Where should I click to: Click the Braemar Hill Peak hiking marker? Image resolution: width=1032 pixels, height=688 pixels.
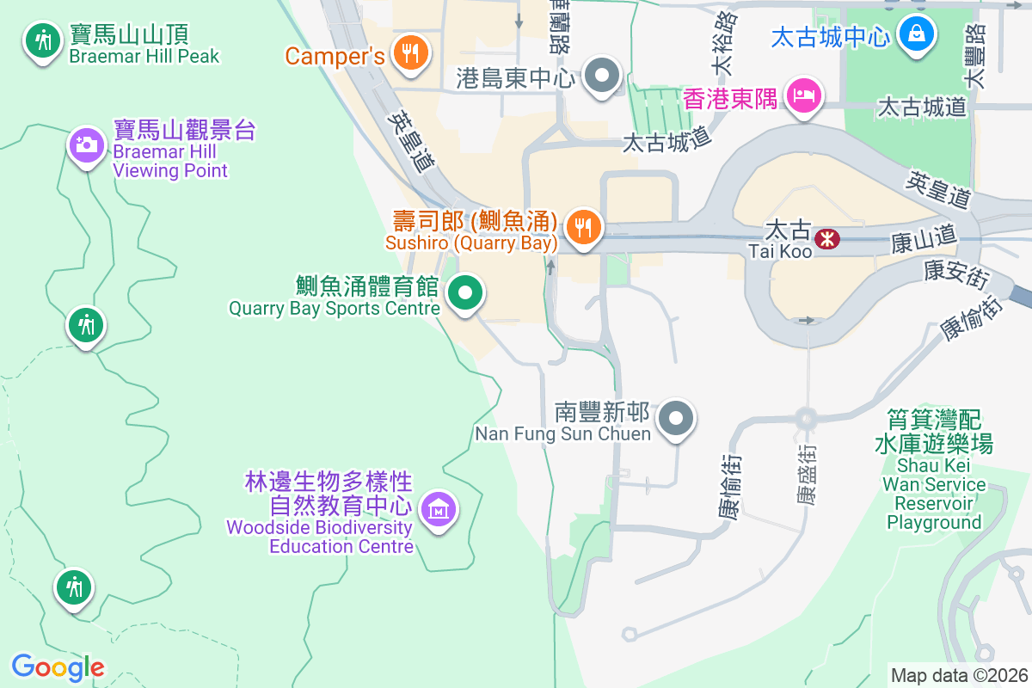click(x=40, y=40)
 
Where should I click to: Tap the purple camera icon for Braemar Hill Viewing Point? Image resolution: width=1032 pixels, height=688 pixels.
click(x=86, y=144)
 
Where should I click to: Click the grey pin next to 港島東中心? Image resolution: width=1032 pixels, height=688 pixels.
click(x=602, y=76)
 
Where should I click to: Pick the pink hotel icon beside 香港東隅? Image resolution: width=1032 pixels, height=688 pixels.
click(x=803, y=95)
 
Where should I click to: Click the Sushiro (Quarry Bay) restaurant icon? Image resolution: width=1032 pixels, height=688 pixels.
click(x=584, y=227)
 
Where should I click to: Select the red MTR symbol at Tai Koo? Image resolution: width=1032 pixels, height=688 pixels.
click(x=827, y=237)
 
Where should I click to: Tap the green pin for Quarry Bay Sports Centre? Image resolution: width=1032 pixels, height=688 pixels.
click(x=465, y=294)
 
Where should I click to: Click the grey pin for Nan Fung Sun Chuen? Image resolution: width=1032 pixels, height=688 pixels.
click(x=676, y=419)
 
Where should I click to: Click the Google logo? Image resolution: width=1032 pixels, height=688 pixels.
click(x=58, y=666)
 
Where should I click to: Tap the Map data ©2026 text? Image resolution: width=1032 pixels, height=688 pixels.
click(x=958, y=675)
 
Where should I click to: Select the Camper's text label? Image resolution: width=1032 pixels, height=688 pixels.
click(x=335, y=57)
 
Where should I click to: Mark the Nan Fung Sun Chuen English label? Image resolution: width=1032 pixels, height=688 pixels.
click(x=562, y=433)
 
